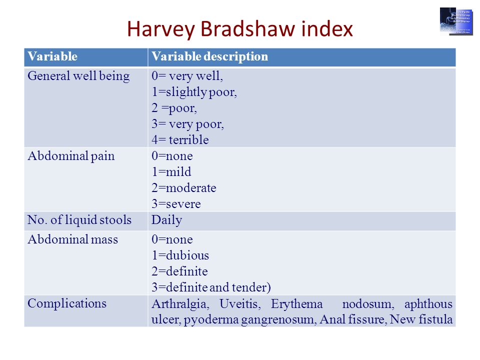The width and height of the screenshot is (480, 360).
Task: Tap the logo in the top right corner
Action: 456,21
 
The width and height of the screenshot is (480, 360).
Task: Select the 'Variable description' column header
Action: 209,56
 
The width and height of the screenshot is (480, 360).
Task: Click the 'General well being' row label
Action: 78,76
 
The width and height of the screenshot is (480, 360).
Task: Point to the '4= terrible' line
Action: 180,140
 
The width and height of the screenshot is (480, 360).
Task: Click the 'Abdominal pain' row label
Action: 71,156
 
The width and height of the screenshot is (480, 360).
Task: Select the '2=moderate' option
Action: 184,188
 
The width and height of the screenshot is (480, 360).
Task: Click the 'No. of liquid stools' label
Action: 79,220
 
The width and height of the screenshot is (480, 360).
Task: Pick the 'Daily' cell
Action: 167,220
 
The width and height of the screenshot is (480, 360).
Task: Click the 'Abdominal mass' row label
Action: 73,239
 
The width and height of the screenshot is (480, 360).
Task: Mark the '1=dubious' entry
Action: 180,255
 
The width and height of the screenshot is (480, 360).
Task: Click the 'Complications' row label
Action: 67,303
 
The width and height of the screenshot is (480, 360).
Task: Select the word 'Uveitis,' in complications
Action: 242,304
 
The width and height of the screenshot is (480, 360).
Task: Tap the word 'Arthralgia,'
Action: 181,304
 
